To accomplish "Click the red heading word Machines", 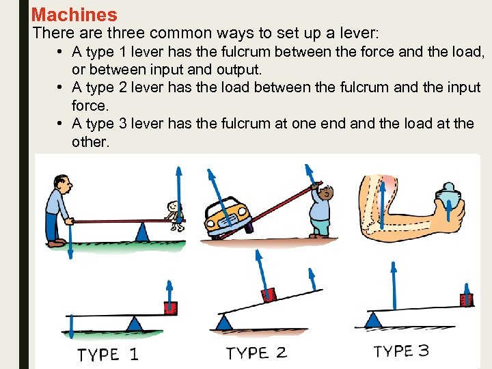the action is point(74,14).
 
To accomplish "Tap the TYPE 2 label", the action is point(256,353).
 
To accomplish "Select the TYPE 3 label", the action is point(401,351).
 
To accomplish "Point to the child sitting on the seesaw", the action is point(176,213).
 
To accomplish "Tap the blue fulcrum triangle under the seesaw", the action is point(142,232).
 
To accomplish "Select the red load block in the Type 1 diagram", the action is point(170,307).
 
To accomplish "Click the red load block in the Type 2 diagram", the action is point(269,295).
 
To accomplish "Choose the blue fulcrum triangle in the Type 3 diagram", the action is point(373,318).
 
